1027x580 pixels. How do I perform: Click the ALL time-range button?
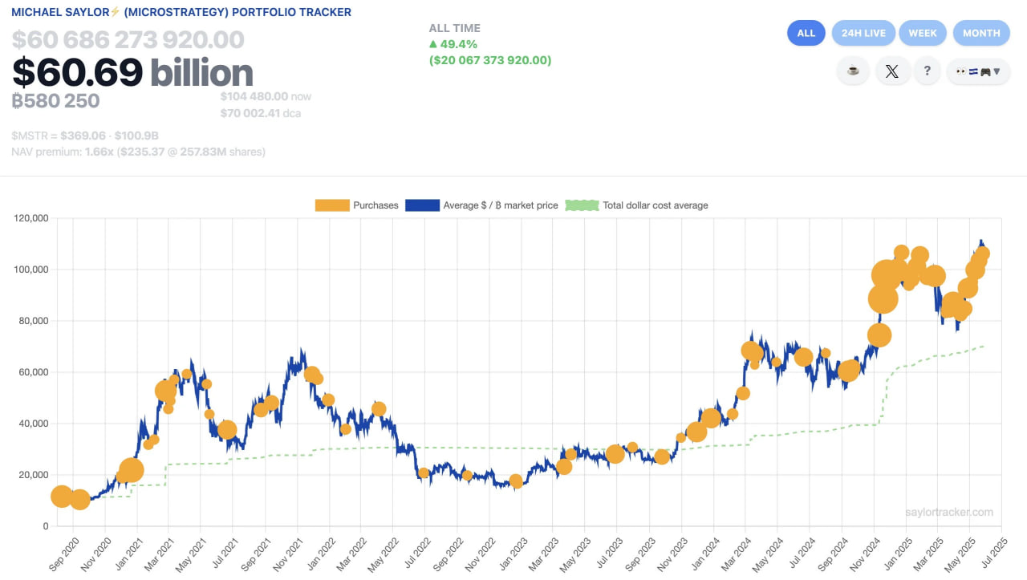(806, 33)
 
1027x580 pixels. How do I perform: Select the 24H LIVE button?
(864, 33)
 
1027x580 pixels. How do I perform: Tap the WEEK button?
(923, 33)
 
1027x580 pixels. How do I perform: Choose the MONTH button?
(981, 33)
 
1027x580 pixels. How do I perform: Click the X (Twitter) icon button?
(891, 71)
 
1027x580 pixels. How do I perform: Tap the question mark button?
(928, 71)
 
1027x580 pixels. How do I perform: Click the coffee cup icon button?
(853, 71)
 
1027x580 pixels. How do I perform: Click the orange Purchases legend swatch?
(332, 205)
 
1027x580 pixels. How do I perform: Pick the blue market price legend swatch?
(422, 205)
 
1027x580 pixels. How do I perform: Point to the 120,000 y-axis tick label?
(31, 218)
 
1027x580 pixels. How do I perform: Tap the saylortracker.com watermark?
(948, 512)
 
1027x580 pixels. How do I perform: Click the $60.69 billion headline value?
(132, 73)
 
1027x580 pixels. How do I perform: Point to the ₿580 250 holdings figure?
(55, 101)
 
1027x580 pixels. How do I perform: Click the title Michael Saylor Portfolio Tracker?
(181, 12)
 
